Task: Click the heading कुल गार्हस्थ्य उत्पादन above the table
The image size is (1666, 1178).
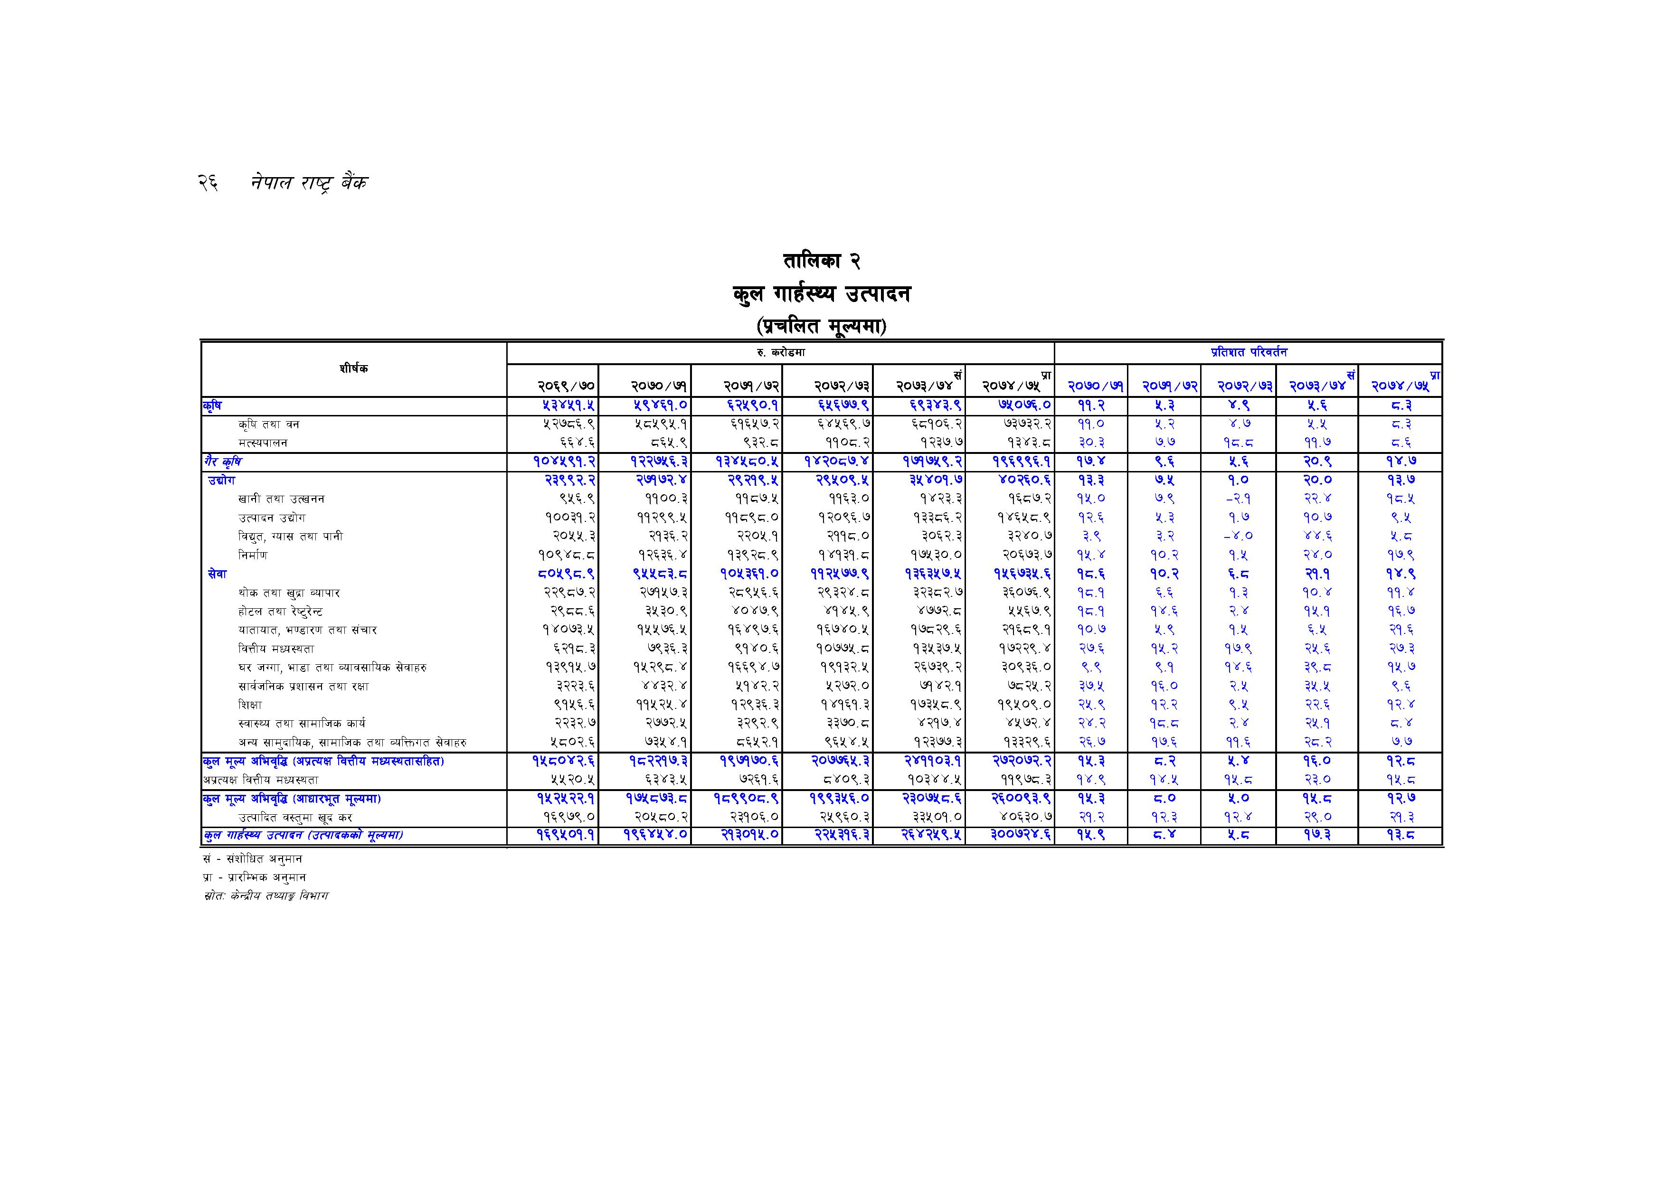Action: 822,294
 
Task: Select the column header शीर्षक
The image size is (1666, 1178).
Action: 353,368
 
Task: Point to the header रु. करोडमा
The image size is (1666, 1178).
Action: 780,352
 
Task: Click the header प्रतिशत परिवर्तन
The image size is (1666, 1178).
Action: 1248,352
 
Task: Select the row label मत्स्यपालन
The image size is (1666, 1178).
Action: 263,443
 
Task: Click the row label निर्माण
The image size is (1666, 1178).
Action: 253,555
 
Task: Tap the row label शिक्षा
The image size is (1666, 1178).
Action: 250,704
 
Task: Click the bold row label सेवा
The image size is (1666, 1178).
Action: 217,574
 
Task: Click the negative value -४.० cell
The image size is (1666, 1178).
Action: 1237,536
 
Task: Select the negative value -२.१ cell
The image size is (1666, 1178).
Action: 1237,499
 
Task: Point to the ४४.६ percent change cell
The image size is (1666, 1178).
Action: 1317,536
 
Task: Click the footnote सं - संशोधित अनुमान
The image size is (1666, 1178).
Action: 253,859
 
